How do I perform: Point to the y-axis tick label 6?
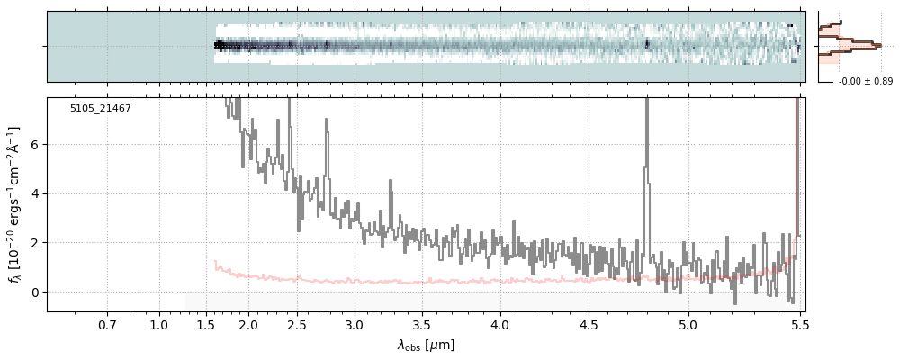(x=35, y=145)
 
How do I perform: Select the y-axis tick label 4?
(x=35, y=193)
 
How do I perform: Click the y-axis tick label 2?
(x=35, y=243)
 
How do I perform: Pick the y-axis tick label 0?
(x=35, y=292)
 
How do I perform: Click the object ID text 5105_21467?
(x=101, y=109)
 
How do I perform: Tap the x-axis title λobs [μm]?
(x=426, y=345)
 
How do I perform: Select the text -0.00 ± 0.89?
(x=865, y=82)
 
